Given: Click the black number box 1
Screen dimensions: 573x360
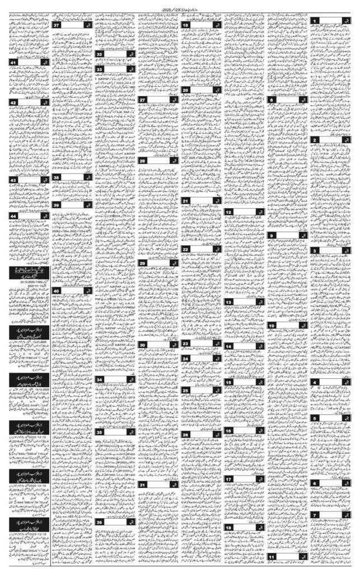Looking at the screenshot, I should (316, 21).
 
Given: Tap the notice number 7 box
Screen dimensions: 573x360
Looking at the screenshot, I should (316, 515).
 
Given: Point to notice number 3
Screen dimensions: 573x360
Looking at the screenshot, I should (316, 251).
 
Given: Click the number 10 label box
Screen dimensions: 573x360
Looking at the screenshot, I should (272, 325).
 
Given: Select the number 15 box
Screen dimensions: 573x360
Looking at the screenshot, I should (229, 383).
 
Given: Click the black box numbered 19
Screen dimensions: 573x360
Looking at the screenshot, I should (185, 26).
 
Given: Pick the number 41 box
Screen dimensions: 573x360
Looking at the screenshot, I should (13, 62).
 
